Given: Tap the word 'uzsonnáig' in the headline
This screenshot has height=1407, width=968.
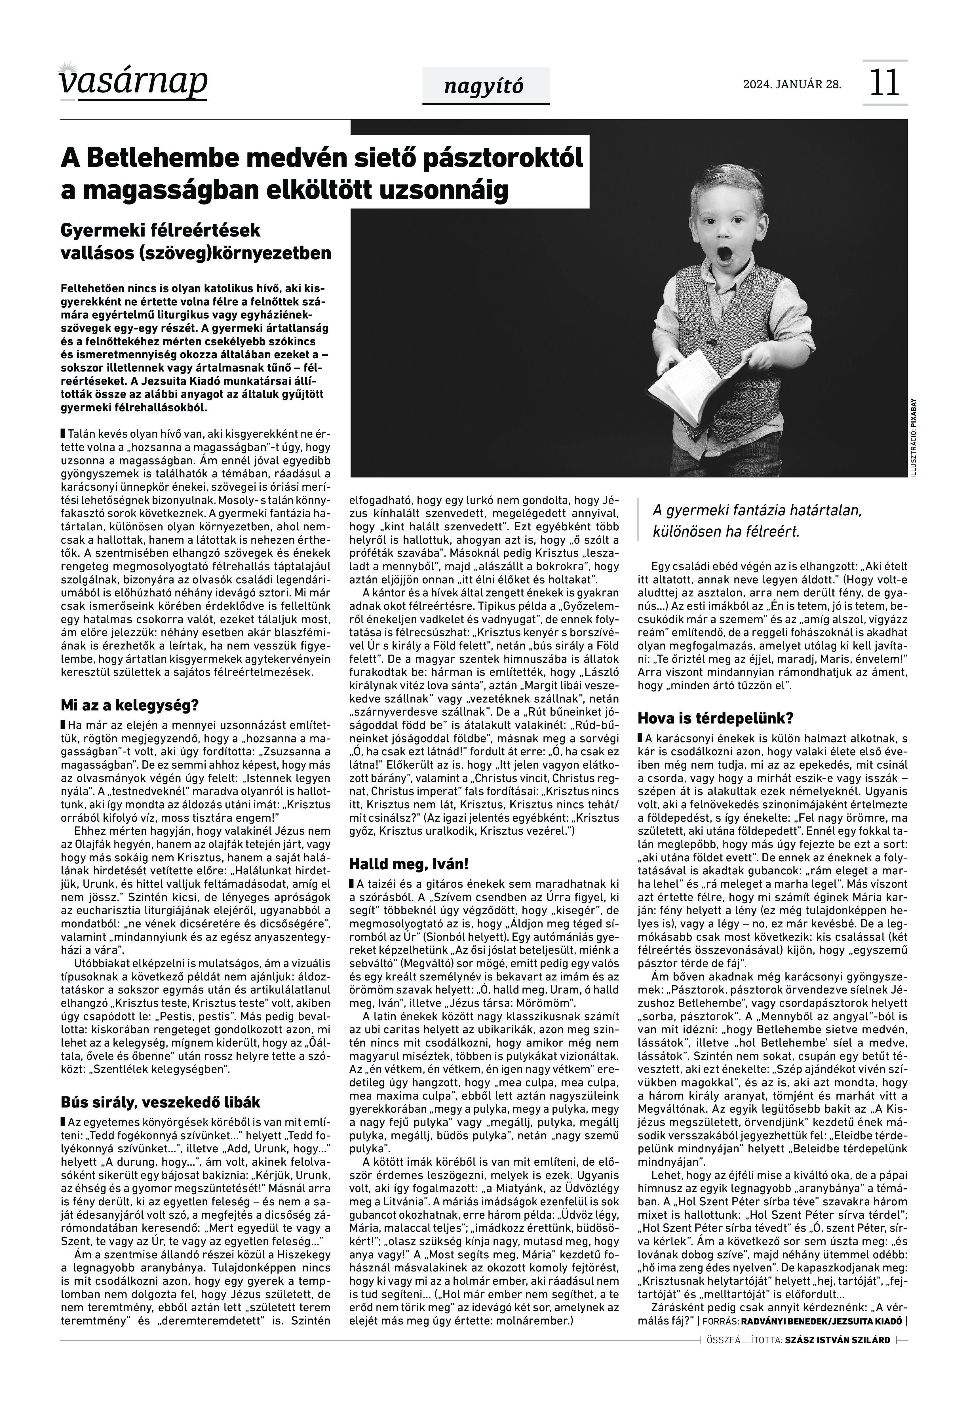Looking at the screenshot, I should [x=443, y=190].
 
